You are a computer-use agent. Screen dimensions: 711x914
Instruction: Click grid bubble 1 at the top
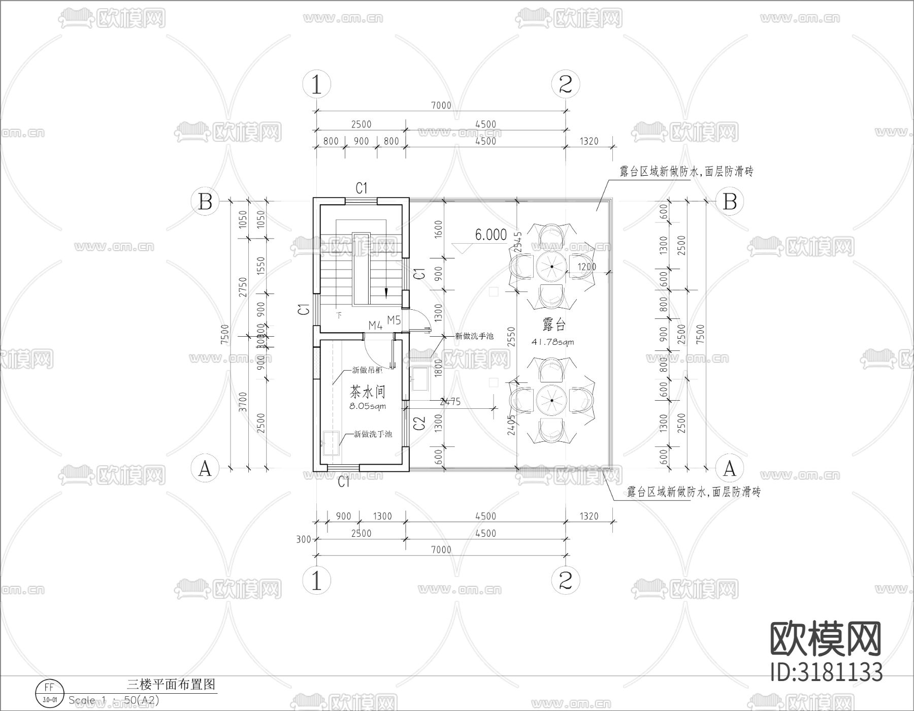316,84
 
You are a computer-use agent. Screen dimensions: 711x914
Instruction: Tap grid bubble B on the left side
205,202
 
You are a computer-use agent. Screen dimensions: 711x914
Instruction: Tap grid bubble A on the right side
729,468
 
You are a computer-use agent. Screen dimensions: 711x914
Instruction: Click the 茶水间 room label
367,392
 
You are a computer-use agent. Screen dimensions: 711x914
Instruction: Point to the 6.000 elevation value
491,235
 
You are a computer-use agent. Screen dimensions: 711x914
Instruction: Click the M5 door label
394,320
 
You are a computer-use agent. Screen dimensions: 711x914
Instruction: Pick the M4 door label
375,326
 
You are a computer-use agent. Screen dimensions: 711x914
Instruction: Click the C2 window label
419,423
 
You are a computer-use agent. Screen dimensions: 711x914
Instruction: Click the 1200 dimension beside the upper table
587,267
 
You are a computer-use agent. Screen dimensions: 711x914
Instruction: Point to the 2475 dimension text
449,402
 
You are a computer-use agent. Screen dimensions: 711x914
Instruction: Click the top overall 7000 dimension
441,105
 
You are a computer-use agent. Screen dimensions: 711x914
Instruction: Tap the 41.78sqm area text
552,342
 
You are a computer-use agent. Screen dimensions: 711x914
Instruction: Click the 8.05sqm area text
367,406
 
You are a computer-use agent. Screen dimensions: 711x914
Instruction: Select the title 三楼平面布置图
171,684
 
